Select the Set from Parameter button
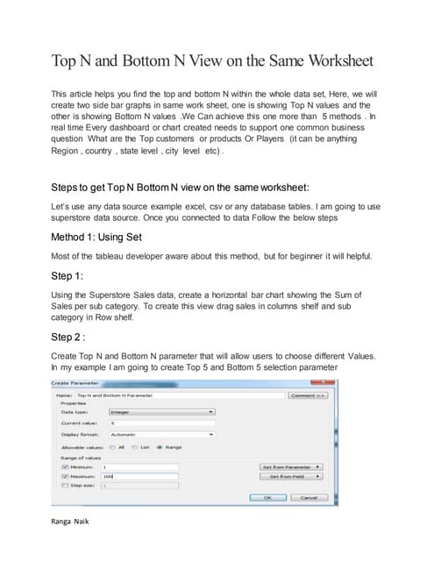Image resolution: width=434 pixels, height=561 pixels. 292,467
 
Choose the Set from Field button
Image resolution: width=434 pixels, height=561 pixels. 292,476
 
